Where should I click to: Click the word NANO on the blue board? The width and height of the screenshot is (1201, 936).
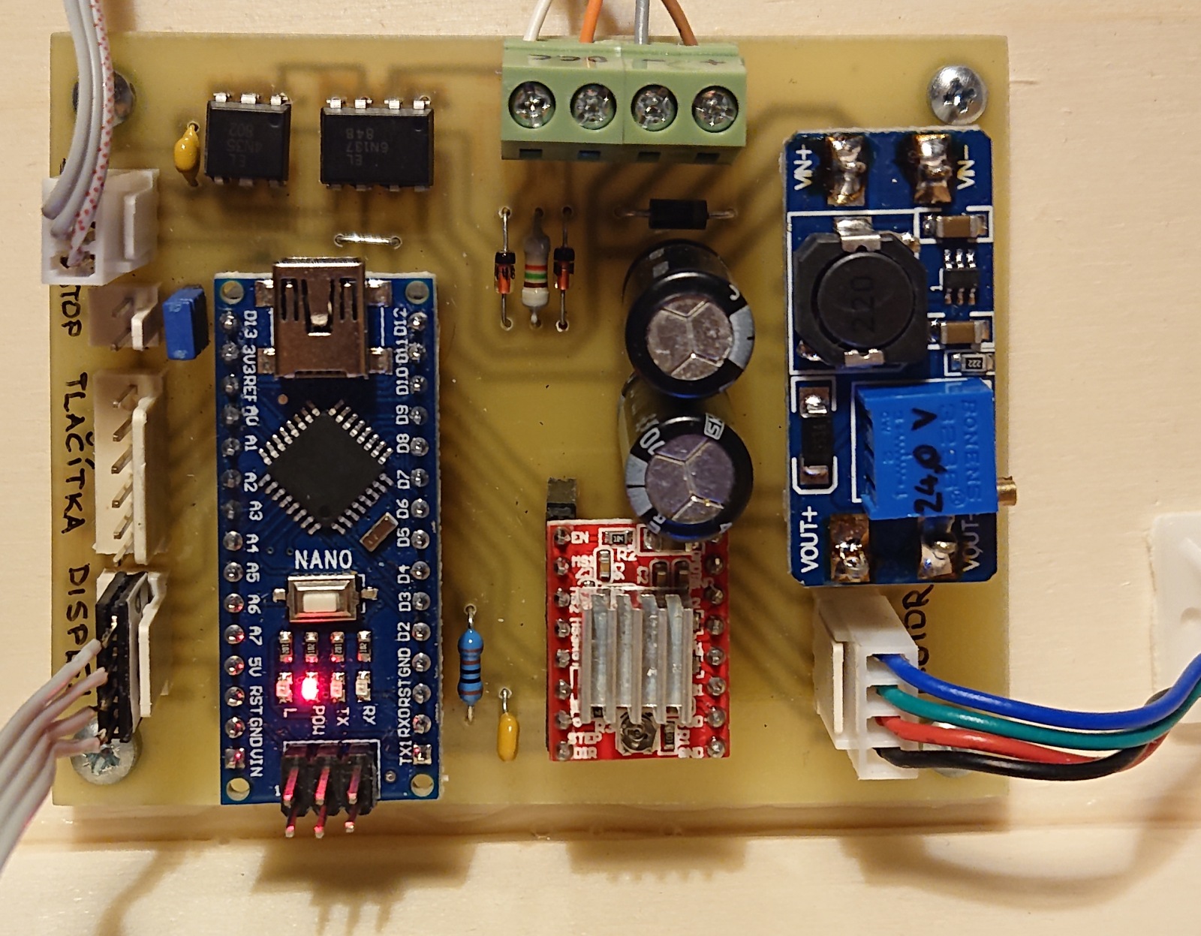(x=324, y=559)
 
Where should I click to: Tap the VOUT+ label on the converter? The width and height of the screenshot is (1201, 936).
(x=809, y=540)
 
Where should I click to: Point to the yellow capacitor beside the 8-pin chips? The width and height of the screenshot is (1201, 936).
(x=187, y=154)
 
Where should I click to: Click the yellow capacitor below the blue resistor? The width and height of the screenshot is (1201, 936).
(x=508, y=734)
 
